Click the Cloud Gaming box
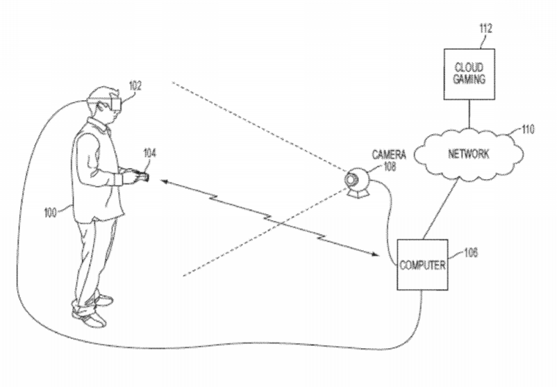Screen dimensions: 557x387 coord(469,74)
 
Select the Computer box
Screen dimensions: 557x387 coord(422,265)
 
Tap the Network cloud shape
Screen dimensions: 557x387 coord(469,154)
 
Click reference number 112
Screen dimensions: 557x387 coord(485,28)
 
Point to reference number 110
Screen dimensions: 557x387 coord(528,129)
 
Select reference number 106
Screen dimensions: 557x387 coord(471,253)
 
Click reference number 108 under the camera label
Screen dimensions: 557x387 coord(390,166)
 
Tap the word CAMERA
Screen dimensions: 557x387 coord(389,154)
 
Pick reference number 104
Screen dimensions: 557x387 coord(149,153)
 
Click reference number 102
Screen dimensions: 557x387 coord(135,85)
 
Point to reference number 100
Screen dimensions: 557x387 coord(50,213)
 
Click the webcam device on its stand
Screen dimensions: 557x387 coord(358,182)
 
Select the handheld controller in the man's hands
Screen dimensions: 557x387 coord(142,176)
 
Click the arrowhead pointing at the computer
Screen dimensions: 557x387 coord(375,254)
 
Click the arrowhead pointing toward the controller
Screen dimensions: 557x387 coord(165,182)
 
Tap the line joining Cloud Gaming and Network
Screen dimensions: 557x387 coord(469,114)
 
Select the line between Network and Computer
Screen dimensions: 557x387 coord(440,209)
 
